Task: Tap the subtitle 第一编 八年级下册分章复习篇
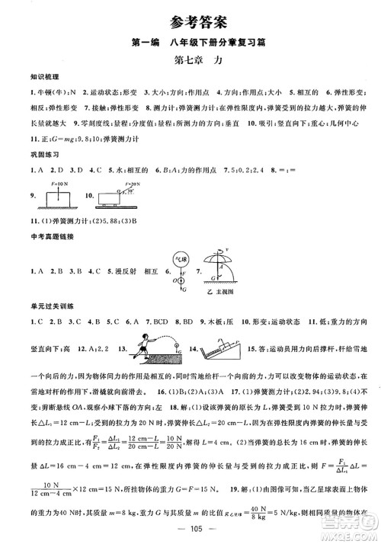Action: point(190,40)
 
